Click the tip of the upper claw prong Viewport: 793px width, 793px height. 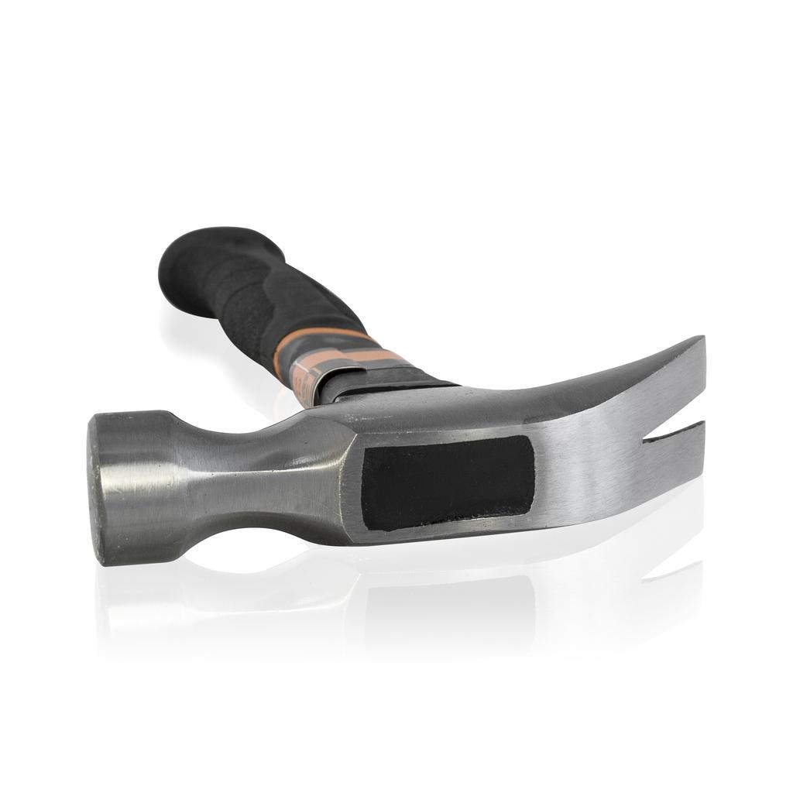(x=702, y=341)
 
